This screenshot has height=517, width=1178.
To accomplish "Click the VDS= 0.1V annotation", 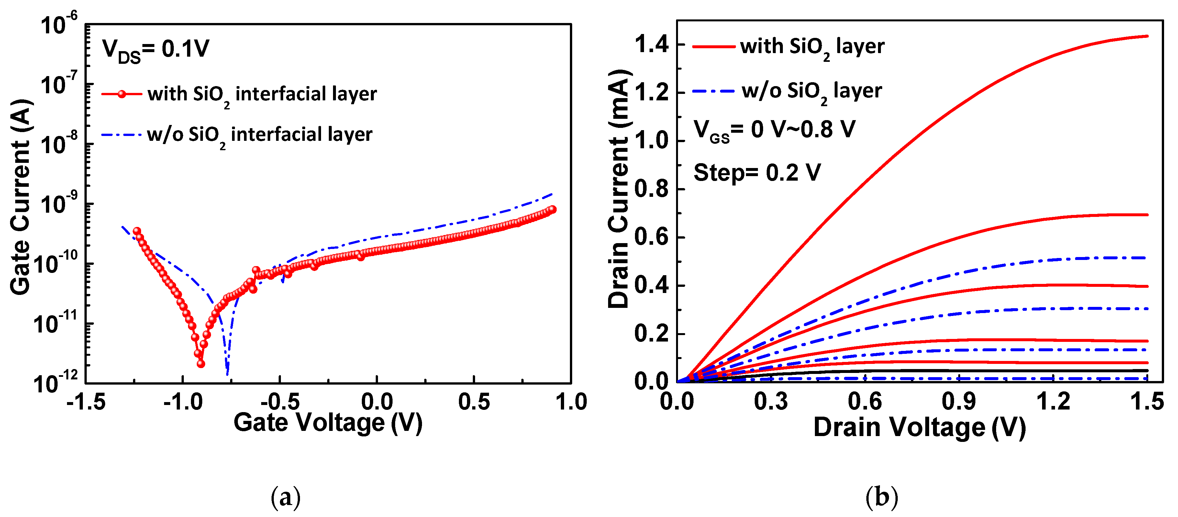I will tap(155, 50).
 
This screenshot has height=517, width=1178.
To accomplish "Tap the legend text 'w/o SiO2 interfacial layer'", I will tap(259, 135).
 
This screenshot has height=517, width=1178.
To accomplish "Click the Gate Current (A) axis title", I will tap(21, 197).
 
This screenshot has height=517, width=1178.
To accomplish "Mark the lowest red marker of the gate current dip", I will tap(201, 364).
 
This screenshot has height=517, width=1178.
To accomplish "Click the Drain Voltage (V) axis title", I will tap(919, 428).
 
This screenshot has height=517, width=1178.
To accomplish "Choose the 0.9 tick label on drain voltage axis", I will tap(959, 402).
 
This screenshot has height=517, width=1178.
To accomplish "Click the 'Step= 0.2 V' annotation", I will tap(757, 173).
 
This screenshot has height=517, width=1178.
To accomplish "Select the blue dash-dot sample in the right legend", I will tap(713, 92).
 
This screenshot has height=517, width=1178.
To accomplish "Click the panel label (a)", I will tap(286, 497).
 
